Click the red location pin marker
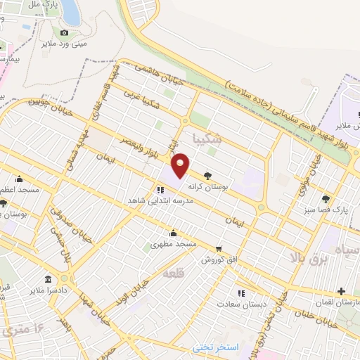180,165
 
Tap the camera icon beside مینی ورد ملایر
64,32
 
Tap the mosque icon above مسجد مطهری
173,233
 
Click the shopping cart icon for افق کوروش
219,248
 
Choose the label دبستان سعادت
240,304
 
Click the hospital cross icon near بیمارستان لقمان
341,290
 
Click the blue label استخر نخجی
217,348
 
